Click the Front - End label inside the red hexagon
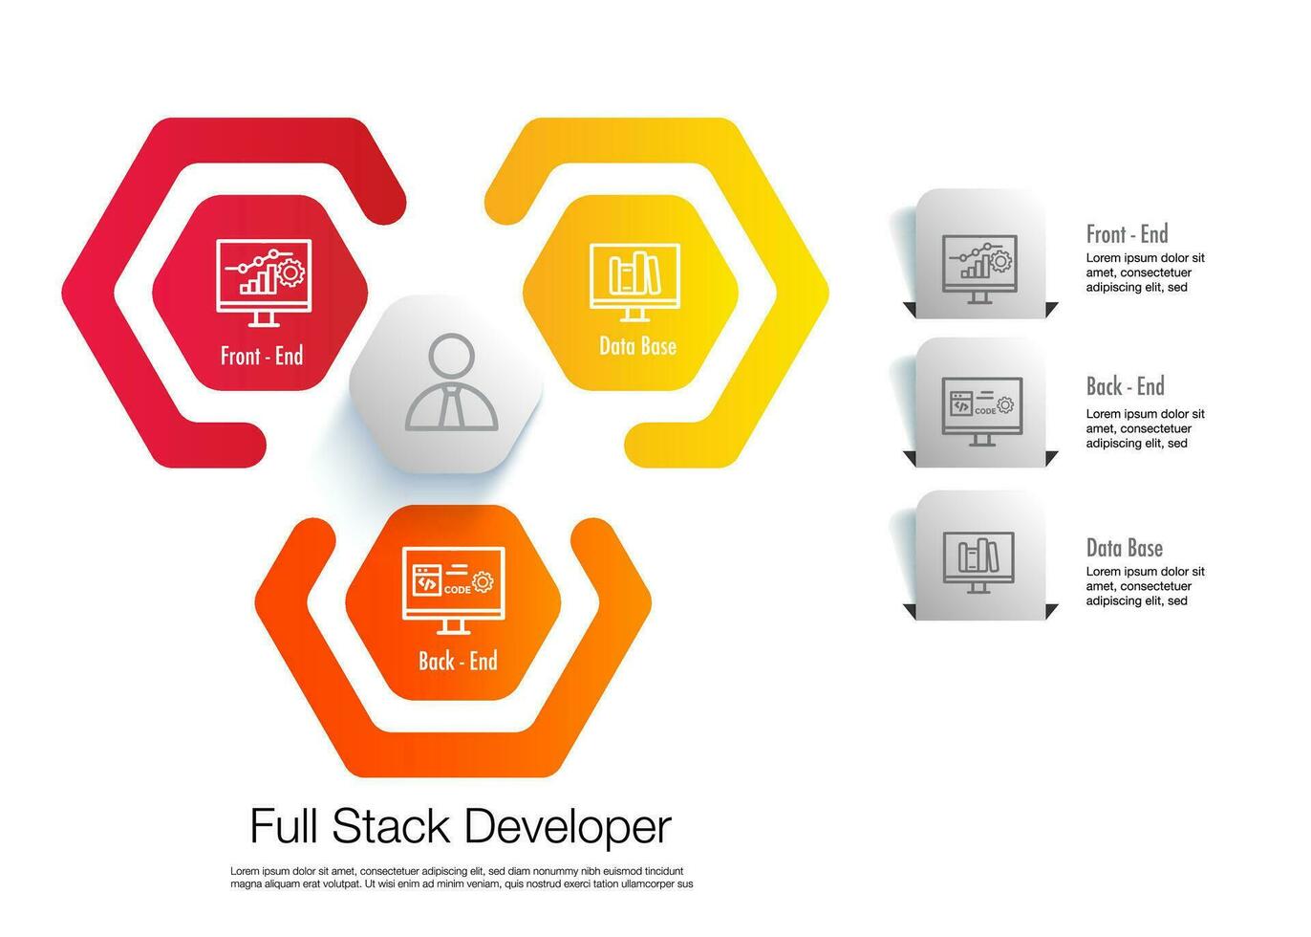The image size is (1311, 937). pyautogui.click(x=261, y=357)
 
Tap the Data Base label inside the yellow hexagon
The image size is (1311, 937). pyautogui.click(x=637, y=346)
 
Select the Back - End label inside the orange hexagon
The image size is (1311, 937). pyautogui.click(x=458, y=661)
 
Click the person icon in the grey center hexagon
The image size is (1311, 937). pyautogui.click(x=451, y=382)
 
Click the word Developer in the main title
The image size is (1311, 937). pyautogui.click(x=568, y=826)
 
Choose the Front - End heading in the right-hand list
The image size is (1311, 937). pyautogui.click(x=1127, y=234)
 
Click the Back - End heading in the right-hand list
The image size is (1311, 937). pyautogui.click(x=1125, y=387)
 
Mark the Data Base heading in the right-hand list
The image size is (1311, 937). pyautogui.click(x=1124, y=548)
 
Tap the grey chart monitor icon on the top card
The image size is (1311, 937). pyautogui.click(x=979, y=269)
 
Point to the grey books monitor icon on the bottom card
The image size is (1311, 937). pyautogui.click(x=978, y=562)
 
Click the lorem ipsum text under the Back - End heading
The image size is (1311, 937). pyautogui.click(x=1145, y=428)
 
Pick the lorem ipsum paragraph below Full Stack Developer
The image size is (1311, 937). pyautogui.click(x=461, y=878)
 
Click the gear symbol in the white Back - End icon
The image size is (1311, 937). pyautogui.click(x=484, y=581)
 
